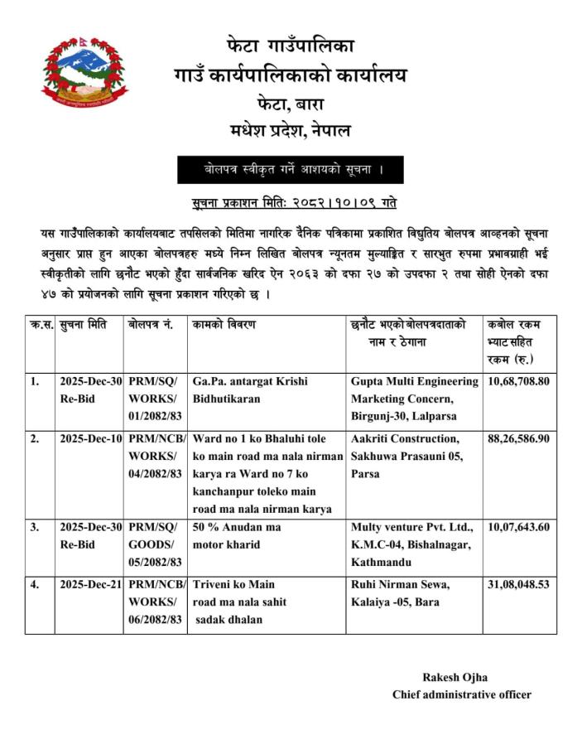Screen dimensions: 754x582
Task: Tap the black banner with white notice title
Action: pos(290,170)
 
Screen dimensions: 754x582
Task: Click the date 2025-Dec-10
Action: pos(91,438)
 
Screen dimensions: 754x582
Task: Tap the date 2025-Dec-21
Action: pos(91,584)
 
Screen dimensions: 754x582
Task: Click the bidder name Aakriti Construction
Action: pos(405,438)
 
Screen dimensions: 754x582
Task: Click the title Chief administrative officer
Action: pos(461,695)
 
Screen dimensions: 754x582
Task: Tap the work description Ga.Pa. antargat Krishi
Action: pos(250,382)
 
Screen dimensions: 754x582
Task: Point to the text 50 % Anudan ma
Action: pos(237,527)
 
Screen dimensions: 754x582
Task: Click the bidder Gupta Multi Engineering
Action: pos(415,382)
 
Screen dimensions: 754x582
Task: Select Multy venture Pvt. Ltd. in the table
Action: pos(411,527)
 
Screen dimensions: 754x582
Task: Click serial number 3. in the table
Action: pos(35,527)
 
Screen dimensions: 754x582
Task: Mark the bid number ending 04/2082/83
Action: pos(155,472)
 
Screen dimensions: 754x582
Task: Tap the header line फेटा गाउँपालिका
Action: pos(290,44)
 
